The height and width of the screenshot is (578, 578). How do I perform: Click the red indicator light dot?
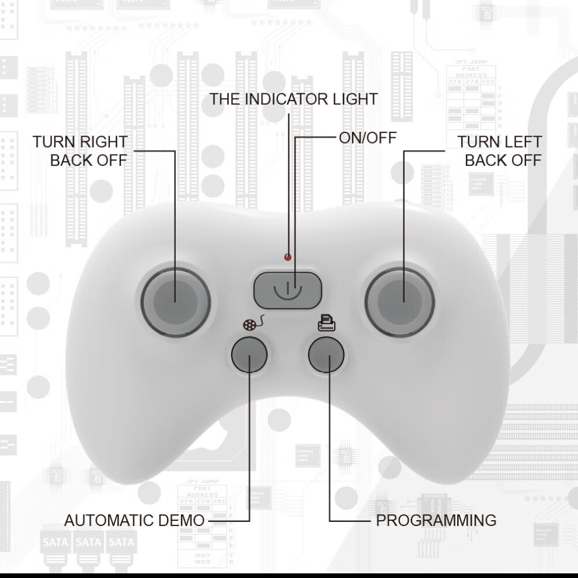(288, 257)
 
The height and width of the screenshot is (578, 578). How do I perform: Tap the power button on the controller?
(287, 290)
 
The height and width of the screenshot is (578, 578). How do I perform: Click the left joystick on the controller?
(176, 302)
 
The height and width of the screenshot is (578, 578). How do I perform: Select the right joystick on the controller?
(400, 302)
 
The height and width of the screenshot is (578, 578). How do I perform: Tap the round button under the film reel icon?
(249, 354)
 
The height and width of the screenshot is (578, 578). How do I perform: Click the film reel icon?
(253, 322)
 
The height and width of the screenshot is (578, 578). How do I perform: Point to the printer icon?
(326, 322)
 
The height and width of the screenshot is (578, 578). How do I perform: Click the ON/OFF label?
(367, 138)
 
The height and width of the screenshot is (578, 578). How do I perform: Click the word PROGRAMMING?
(436, 521)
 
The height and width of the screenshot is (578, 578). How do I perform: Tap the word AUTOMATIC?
(109, 521)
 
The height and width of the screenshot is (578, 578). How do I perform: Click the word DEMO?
(181, 521)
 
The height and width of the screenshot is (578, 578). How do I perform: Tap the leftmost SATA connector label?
(55, 542)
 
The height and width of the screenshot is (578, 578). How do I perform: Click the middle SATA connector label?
(89, 542)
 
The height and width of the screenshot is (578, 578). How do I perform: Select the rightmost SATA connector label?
(121, 542)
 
